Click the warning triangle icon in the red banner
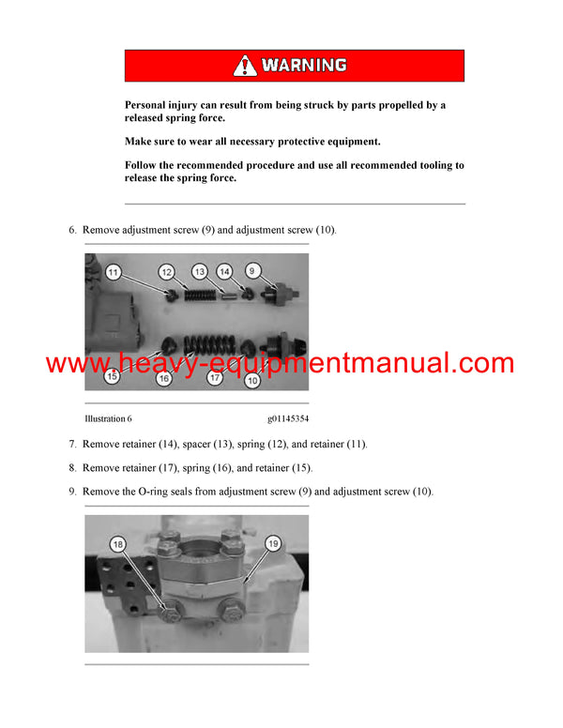245,66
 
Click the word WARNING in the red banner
303,66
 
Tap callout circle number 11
113,273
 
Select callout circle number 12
166,272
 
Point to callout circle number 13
200,271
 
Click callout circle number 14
224,271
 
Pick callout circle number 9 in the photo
251,271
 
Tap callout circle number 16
164,379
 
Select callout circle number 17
216,379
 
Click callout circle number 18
117,544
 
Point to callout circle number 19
273,542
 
